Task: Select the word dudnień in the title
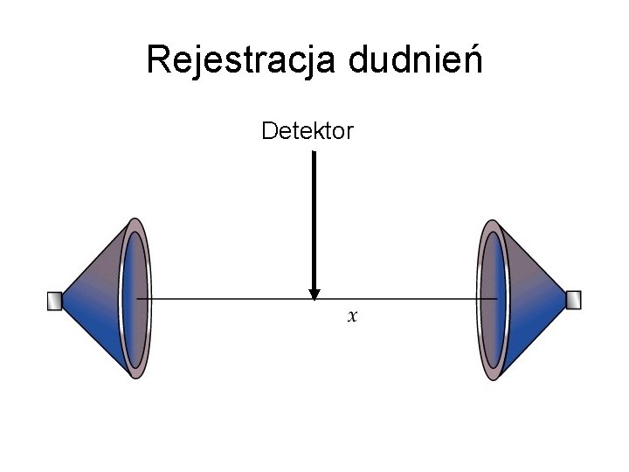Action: [x=415, y=60]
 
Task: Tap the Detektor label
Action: [x=308, y=132]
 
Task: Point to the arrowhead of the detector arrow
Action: [x=314, y=294]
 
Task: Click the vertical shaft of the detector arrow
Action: [x=314, y=219]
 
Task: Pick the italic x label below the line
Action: [x=352, y=316]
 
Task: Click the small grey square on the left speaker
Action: [x=54, y=301]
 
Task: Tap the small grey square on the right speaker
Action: [x=573, y=301]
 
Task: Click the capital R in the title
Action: [x=158, y=60]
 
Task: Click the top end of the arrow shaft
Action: [x=314, y=155]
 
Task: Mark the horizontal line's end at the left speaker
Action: [x=139, y=300]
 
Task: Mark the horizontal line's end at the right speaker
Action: [x=496, y=300]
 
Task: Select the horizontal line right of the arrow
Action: [x=402, y=300]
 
